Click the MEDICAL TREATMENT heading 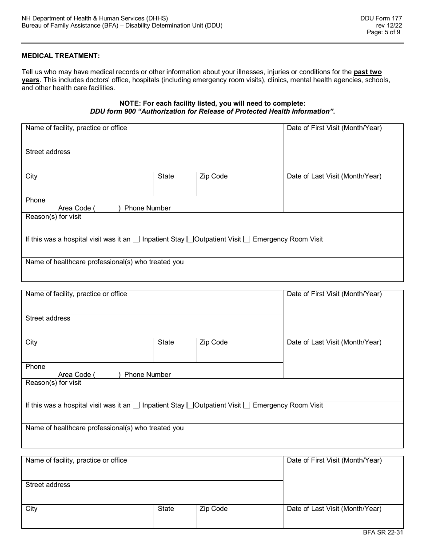coord(61,55)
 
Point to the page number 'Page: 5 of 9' coord(384,32)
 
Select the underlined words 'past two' coord(367,72)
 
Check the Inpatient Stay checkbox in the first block coord(136,239)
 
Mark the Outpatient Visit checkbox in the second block coord(190,405)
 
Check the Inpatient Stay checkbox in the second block coord(136,405)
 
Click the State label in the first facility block coord(166,176)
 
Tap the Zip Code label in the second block coord(213,342)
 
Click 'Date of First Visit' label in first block coord(334,128)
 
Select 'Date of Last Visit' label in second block coord(334,342)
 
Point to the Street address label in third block coord(48,485)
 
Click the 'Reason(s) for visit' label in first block coord(53,217)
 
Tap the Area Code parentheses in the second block coord(107,375)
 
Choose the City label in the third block coord(32,509)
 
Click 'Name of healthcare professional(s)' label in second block coord(104,428)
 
